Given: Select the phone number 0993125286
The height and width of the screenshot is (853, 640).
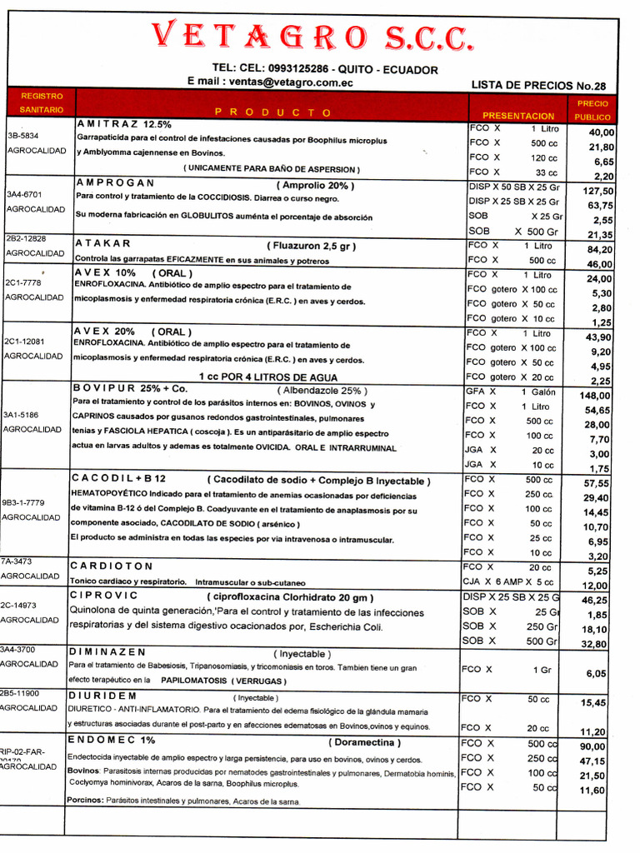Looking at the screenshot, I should point(298,68).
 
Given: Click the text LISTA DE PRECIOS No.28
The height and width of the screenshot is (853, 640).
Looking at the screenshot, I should point(538,85).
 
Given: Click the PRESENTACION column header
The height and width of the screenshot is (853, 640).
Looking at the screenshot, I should point(517,116).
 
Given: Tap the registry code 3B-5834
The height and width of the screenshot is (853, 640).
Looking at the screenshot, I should point(23,135).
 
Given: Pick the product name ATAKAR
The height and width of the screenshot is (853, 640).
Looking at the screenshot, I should point(103,243).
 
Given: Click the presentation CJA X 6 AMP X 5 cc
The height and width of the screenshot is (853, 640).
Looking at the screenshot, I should point(508,581).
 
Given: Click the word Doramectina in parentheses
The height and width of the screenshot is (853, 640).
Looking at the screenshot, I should point(364,742).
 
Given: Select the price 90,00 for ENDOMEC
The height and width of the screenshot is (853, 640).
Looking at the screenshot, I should point(592,746).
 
